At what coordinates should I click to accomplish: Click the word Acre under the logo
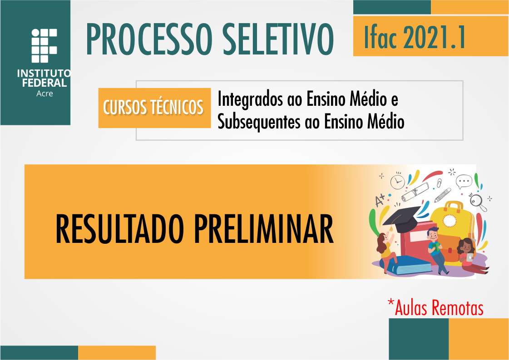tap(44, 94)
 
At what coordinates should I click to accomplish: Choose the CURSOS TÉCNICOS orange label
tap(153, 108)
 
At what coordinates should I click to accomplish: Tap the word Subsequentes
tap(253, 122)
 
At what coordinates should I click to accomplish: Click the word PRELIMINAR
tap(264, 230)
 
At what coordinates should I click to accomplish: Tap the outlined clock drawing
tap(397, 181)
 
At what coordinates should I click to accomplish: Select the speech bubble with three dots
tap(464, 182)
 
